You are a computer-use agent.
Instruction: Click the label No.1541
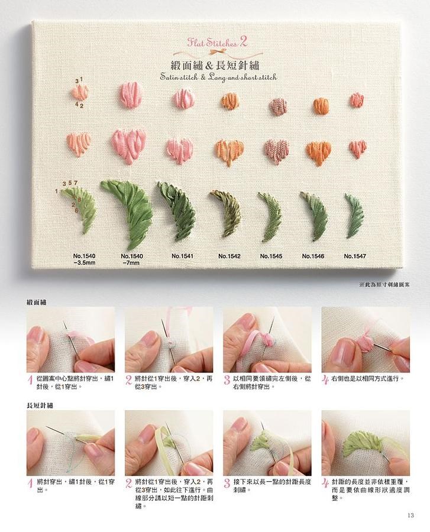182,256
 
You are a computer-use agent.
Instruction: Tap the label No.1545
271,256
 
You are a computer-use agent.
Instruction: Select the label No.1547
355,256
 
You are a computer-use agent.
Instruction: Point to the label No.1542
229,256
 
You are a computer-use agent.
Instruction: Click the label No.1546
313,256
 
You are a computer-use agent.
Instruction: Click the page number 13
410,515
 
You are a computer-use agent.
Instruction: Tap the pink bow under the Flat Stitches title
215,52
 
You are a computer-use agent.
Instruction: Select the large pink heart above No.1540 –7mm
130,146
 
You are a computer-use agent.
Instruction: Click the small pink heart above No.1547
358,148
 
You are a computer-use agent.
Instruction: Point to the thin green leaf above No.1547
354,216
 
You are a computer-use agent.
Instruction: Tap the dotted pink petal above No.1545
279,106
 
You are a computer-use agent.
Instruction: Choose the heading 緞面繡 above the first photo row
37,302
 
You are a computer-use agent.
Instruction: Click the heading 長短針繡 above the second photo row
40,406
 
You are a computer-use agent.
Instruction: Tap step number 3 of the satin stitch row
227,380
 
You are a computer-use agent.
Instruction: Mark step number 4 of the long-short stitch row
325,484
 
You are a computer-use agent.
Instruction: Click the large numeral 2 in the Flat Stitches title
243,41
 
